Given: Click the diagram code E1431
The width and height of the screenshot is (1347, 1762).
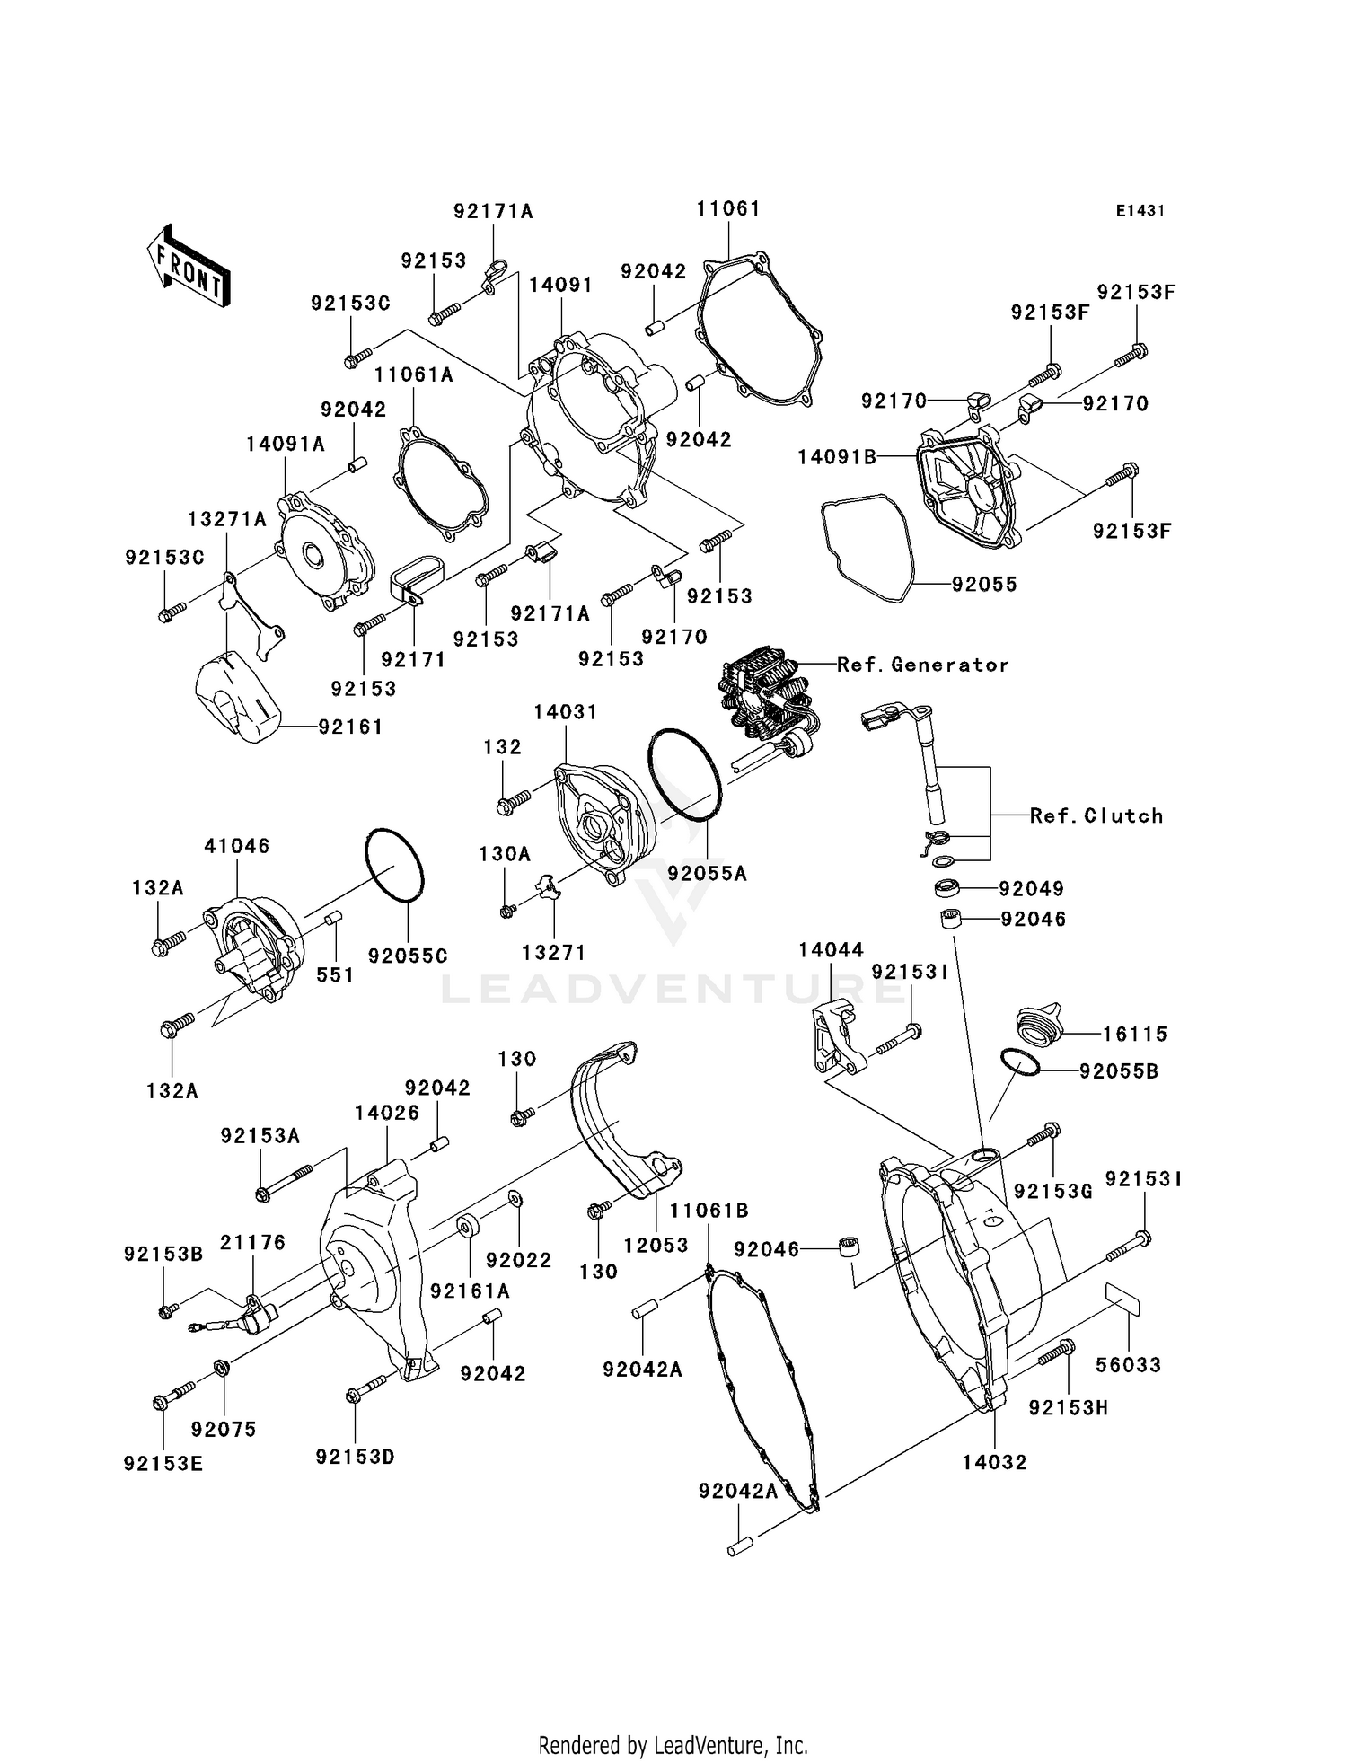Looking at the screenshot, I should coord(1140,211).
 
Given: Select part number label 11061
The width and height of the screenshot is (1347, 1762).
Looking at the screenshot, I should coord(728,209).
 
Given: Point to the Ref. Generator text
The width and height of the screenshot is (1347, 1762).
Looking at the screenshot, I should coord(922,665).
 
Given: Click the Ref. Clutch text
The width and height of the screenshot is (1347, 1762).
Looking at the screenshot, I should coord(1096,815).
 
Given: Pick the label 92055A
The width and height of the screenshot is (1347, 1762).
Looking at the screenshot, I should coord(707,873).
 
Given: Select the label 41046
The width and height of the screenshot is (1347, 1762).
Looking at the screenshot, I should coord(237,846).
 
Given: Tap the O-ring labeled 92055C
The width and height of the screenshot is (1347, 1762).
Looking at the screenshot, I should coord(394,865).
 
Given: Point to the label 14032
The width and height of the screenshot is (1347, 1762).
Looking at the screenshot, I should coord(994,1463).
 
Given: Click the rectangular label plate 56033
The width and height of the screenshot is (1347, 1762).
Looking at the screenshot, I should coord(1122,1299).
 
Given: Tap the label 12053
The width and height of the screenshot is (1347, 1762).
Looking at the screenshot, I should coord(656,1246).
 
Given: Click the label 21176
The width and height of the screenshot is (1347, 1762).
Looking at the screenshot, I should coord(253,1243).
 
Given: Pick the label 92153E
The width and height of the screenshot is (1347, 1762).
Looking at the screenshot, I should coord(163,1465).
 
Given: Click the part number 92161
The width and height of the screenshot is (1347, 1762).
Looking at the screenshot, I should coord(350,727).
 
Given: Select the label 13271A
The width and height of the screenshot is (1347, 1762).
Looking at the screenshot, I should coord(227,519).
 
